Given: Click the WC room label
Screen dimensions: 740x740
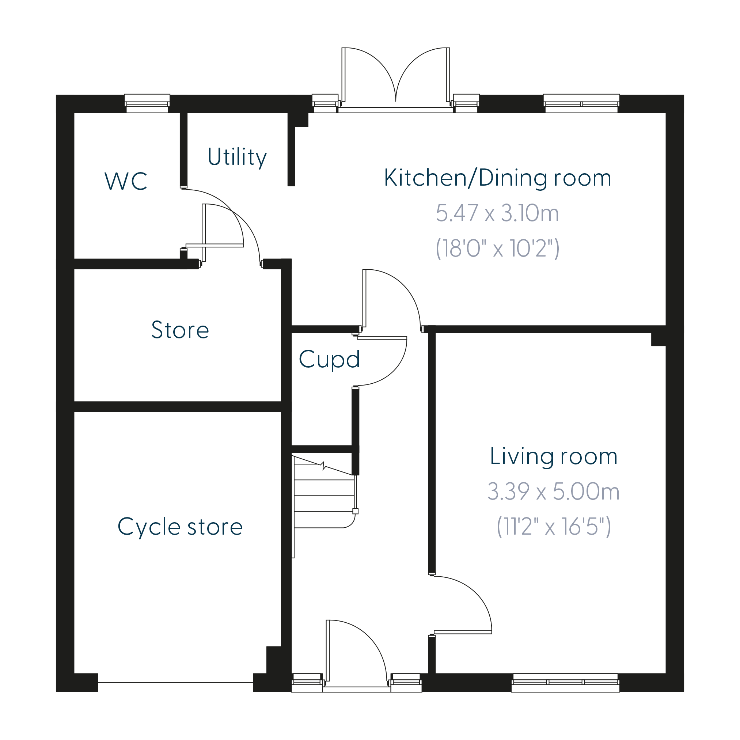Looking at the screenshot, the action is click(x=126, y=181).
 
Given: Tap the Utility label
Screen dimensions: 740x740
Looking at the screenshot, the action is click(x=237, y=157).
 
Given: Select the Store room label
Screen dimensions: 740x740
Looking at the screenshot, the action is click(x=180, y=330).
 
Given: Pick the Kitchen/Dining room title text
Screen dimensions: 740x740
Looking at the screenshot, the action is click(x=498, y=178).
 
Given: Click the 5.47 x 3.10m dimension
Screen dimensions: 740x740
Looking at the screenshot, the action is click(x=498, y=213).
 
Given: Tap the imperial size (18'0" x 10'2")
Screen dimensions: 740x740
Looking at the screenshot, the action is click(x=498, y=248).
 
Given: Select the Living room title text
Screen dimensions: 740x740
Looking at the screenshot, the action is click(x=554, y=456).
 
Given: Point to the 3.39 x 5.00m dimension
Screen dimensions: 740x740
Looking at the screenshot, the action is click(x=554, y=492).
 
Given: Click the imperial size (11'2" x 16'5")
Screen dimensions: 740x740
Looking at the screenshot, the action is click(x=554, y=527).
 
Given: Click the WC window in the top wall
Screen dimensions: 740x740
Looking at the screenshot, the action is click(x=147, y=103).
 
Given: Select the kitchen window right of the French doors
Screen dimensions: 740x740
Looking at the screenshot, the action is click(x=581, y=103).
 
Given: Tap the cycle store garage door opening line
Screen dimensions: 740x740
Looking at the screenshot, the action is click(x=175, y=683).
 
